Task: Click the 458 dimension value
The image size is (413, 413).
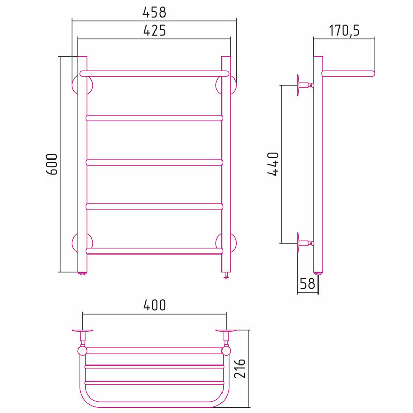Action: (154, 12)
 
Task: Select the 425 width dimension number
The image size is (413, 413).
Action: (154, 30)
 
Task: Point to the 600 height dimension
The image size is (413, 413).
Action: (52, 165)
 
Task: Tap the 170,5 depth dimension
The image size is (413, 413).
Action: (344, 30)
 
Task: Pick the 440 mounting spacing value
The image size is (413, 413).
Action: (273, 164)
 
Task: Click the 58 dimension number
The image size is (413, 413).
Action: (307, 283)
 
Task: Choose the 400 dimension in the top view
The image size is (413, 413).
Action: (154, 305)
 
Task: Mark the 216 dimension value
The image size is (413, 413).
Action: (240, 368)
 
